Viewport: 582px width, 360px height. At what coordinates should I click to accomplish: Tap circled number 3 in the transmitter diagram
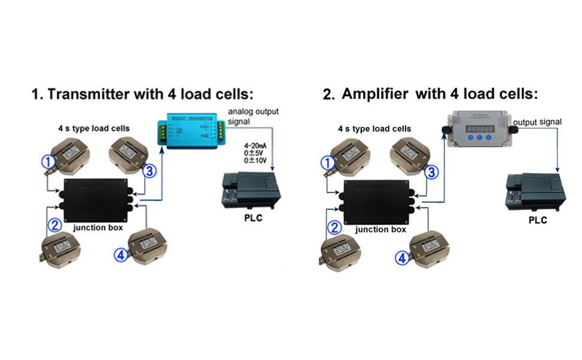pos(149,171)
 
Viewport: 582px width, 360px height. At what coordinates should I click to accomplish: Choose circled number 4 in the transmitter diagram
pos(121,255)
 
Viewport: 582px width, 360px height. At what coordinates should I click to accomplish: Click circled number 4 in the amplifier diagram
pos(401,258)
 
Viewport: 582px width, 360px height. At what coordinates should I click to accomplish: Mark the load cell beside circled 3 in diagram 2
pos(412,155)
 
